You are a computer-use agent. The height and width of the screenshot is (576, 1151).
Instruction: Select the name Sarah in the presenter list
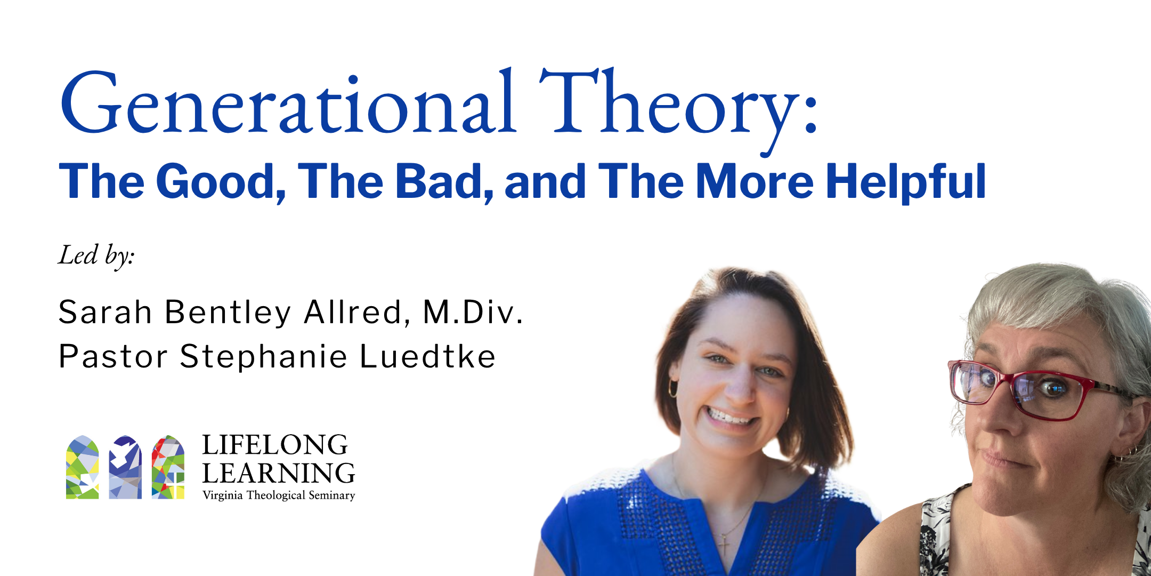point(105,311)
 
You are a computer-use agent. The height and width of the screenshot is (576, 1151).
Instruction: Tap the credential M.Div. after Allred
point(473,311)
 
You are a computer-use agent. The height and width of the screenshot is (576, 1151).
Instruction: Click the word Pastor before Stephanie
point(112,356)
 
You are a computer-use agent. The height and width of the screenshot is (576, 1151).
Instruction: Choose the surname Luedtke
point(428,356)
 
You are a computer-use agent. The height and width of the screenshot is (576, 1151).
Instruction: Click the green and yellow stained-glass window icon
point(82,467)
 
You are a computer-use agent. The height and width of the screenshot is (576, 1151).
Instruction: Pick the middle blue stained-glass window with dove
point(125,467)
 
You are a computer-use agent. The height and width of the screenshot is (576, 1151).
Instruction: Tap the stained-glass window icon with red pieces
point(168,467)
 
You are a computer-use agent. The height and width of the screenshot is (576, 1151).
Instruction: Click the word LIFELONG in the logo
point(275,445)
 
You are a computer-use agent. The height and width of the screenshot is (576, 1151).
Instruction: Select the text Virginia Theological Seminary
point(279,495)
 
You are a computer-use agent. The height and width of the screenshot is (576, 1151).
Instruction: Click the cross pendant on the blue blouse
point(724,544)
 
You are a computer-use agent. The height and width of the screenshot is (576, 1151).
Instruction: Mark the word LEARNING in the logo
point(279,473)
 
